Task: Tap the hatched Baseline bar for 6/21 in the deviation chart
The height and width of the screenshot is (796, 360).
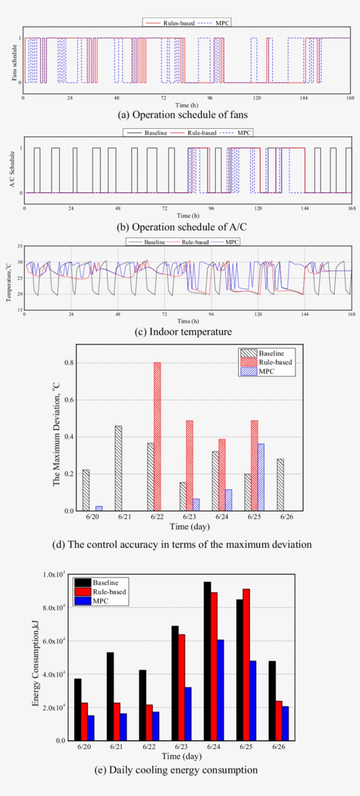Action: click(x=118, y=468)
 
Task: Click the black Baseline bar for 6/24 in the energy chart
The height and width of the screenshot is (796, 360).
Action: click(x=207, y=661)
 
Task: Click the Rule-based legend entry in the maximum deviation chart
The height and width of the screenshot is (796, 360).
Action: click(x=266, y=362)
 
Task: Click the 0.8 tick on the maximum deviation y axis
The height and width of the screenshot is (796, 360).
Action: click(x=69, y=363)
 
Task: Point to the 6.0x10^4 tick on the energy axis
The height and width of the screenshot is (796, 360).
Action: click(x=54, y=641)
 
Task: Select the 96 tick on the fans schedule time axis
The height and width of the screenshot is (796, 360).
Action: click(x=210, y=98)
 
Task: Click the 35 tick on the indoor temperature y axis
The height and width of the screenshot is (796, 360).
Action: click(x=20, y=246)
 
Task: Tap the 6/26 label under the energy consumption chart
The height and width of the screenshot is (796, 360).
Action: click(x=278, y=747)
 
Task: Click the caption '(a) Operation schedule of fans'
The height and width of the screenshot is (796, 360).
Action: click(x=183, y=115)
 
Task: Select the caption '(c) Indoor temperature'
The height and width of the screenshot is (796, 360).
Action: click(x=183, y=332)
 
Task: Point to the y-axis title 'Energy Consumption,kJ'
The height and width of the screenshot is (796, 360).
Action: click(x=35, y=663)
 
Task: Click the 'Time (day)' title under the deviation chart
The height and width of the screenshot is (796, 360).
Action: click(x=190, y=526)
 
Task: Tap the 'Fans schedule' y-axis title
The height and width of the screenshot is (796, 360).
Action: click(x=14, y=63)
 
